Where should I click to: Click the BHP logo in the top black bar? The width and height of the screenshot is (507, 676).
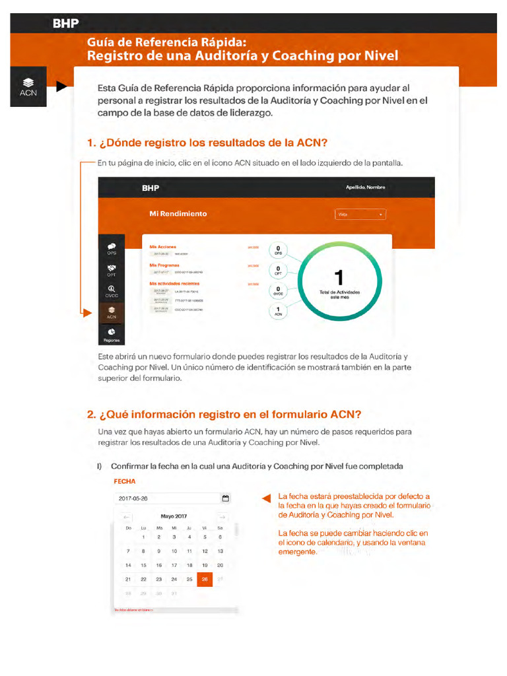66,24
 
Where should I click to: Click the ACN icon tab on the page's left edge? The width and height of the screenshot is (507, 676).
28,86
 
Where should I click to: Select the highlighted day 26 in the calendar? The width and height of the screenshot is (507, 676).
205,579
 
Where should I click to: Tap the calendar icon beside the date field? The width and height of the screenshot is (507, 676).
226,498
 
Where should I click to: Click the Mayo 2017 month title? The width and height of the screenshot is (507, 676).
174,516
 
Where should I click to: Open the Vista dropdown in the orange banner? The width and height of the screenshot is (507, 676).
360,215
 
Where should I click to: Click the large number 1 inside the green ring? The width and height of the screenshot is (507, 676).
339,277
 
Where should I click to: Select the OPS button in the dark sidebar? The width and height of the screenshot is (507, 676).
112,249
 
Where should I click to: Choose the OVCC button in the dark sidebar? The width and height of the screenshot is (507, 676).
112,291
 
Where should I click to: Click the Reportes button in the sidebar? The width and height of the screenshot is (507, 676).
112,335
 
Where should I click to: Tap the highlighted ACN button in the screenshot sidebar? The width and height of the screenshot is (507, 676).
112,312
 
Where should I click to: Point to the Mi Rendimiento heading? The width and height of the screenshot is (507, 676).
178,214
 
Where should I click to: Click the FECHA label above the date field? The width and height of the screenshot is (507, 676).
125,482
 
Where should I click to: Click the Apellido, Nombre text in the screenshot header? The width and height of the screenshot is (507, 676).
365,187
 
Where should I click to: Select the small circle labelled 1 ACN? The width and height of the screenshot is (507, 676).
278,312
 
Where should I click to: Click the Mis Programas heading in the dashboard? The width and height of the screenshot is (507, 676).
166,265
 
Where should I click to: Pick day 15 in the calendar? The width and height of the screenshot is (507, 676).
143,565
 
